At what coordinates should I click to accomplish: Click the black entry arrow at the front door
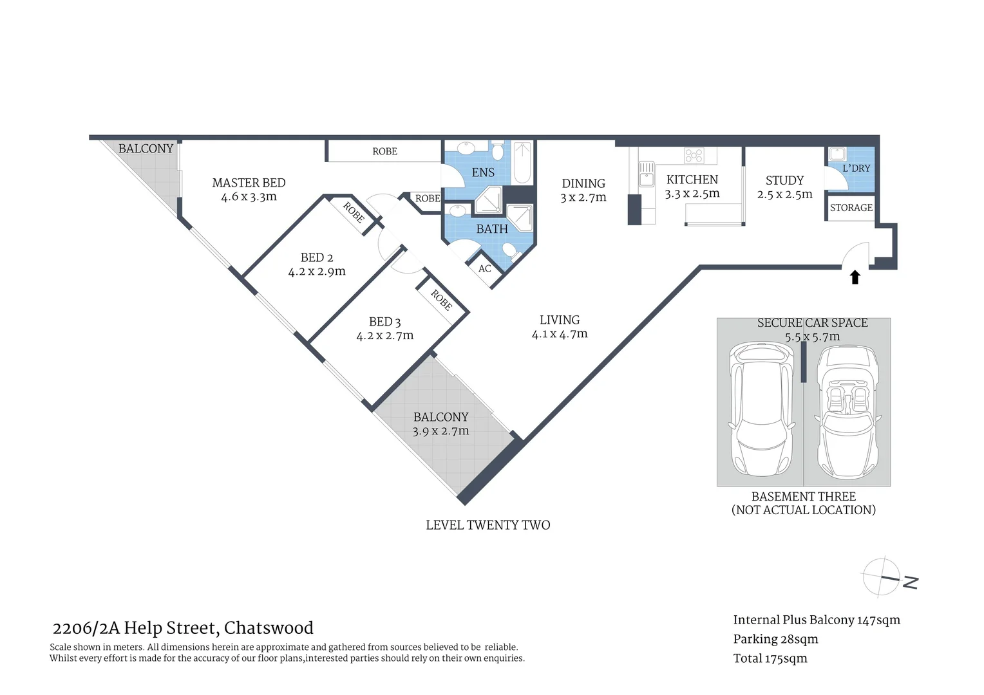coord(855,277)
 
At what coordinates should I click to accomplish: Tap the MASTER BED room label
coord(249,183)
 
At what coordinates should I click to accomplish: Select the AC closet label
coord(485,268)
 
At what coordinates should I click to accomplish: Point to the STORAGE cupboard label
coord(851,208)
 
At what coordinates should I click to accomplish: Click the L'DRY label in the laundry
coord(856,168)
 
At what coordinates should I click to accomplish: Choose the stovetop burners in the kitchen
coord(694,155)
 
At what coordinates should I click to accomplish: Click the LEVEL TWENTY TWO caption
coord(487,525)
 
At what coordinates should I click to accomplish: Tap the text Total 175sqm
coord(770,658)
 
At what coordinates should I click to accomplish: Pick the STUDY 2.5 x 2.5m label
coord(784,187)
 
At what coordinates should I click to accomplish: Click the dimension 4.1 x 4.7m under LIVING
coord(559,334)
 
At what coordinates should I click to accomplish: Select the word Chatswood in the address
coord(269,628)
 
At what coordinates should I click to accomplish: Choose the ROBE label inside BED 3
coord(441,300)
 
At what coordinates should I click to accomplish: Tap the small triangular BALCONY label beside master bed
coord(146,149)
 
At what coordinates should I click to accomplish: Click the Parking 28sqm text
coord(775,639)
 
